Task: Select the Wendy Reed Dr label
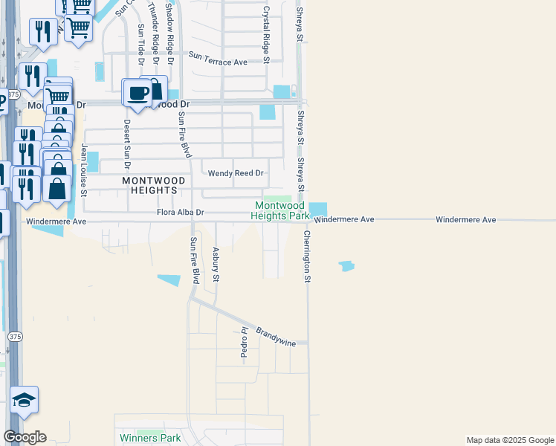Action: pos(236,173)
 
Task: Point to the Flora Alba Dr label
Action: pos(180,213)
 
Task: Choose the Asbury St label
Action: pos(216,265)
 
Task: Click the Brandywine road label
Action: pos(276,336)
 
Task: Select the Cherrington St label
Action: pos(306,256)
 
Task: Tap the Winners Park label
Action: pos(150,438)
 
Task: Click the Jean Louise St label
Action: pos(84,170)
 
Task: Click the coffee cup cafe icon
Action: pos(136,93)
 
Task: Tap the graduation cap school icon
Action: pos(24,401)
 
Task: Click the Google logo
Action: pos(25,437)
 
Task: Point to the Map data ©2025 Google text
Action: pos(509,440)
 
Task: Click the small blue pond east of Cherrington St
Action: pos(346,265)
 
